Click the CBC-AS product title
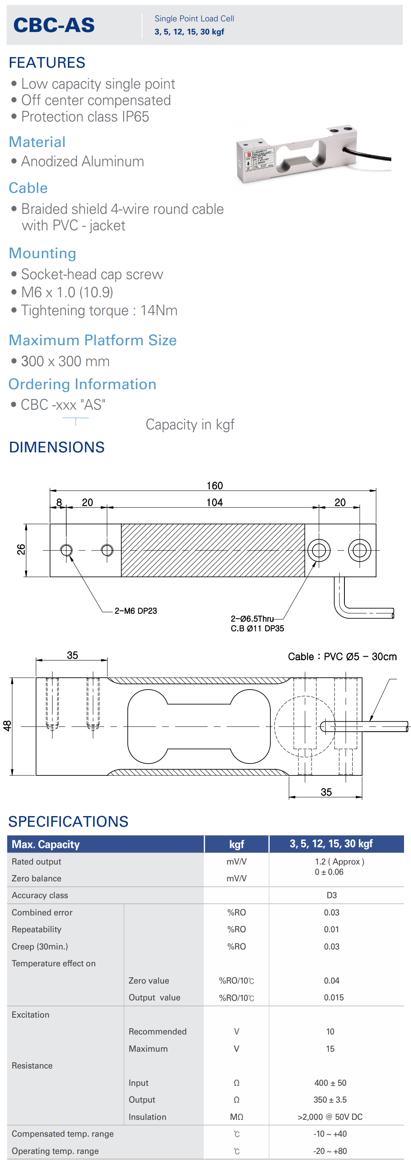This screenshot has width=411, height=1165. (x=54, y=25)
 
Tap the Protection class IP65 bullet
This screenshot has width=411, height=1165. (x=85, y=117)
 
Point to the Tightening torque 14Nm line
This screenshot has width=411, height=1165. (x=99, y=310)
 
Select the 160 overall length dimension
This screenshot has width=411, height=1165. (x=215, y=485)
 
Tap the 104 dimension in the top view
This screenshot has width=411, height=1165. (x=215, y=502)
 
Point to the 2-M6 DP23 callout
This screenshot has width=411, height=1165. (x=135, y=610)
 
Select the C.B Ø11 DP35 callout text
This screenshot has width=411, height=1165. (x=257, y=628)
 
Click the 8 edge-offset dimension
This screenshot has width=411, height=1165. (x=59, y=502)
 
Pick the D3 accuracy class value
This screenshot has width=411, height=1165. (x=331, y=895)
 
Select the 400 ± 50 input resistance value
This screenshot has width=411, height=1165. (x=330, y=1082)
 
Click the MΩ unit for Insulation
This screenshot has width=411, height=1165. (x=236, y=1117)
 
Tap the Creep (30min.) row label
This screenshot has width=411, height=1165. (x=40, y=946)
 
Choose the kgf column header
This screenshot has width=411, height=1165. (x=236, y=844)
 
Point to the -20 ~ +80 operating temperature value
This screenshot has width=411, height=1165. (x=330, y=1151)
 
